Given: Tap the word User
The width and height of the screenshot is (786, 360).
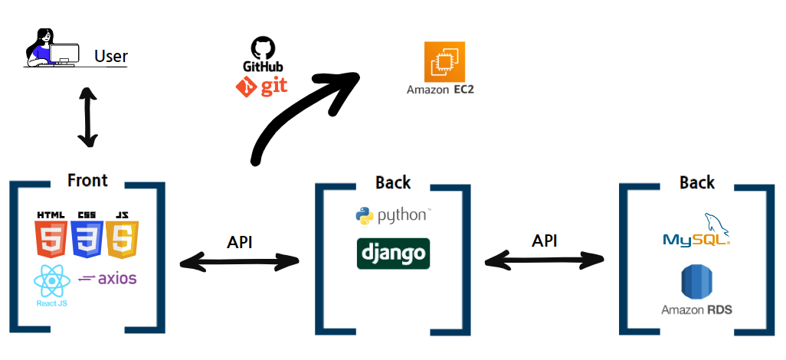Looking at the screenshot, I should coord(111,57).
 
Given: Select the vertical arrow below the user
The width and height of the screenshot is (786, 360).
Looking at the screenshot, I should coord(88,117).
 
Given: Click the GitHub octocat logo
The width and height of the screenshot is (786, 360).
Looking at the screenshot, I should coord(263,51).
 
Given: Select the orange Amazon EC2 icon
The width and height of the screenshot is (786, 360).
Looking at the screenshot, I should coord(445,61).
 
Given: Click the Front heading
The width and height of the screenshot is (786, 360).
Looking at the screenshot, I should coord(87,181).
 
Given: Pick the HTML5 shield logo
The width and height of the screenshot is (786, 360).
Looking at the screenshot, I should coord(51,235).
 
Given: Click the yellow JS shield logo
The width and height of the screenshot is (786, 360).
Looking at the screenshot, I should coord(123,235).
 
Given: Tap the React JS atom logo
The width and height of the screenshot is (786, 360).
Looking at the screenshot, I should coord(51,285).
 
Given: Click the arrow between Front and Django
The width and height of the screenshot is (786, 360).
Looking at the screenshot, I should coord(240,262).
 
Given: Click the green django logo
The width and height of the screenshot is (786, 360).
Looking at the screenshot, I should coord(393,254).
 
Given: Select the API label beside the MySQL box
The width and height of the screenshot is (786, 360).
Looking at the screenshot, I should coord(545,241).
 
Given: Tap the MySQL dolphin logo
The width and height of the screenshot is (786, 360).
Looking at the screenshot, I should coord(696,231).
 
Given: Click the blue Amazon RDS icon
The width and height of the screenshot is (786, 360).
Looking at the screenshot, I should coord(696,283).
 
